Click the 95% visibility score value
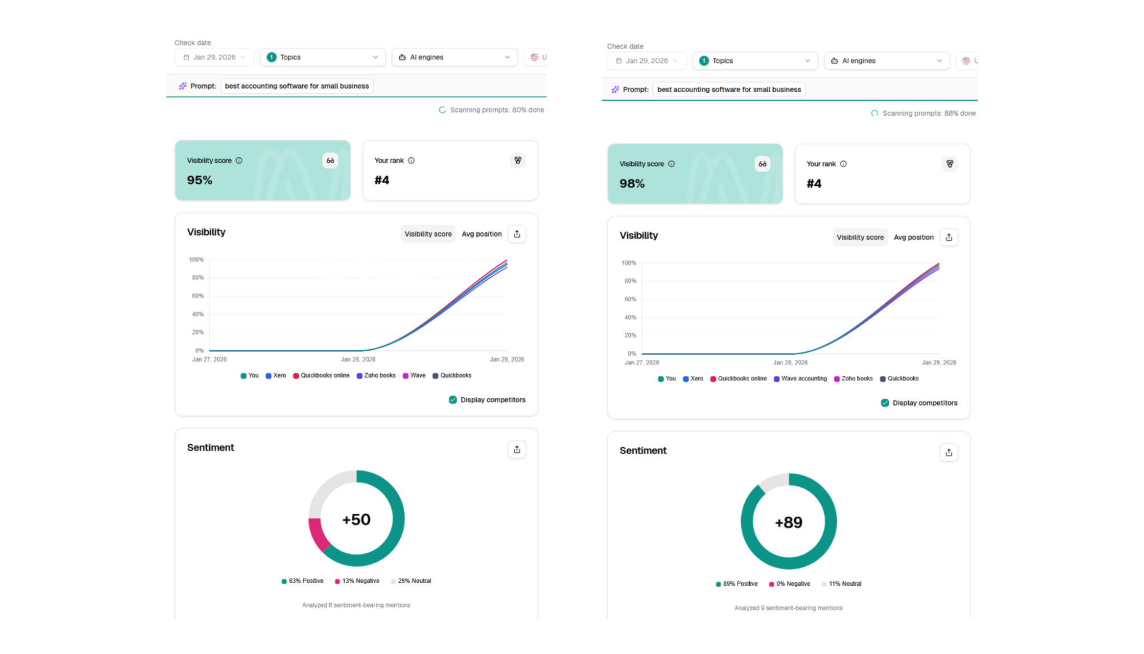[x=199, y=180]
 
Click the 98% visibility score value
[x=632, y=184]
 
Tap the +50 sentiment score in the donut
[x=356, y=520]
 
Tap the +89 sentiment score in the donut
[x=789, y=522]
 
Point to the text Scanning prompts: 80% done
[x=496, y=110]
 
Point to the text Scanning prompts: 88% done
[x=928, y=113]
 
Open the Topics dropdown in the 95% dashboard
[x=323, y=57]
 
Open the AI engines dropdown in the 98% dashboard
[x=886, y=61]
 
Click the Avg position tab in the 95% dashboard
[x=481, y=234]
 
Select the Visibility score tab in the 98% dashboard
[x=860, y=237]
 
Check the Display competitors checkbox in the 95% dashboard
[x=453, y=400]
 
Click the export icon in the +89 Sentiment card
[x=949, y=453]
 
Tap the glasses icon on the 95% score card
[x=330, y=161]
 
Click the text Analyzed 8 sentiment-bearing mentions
[x=356, y=605]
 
